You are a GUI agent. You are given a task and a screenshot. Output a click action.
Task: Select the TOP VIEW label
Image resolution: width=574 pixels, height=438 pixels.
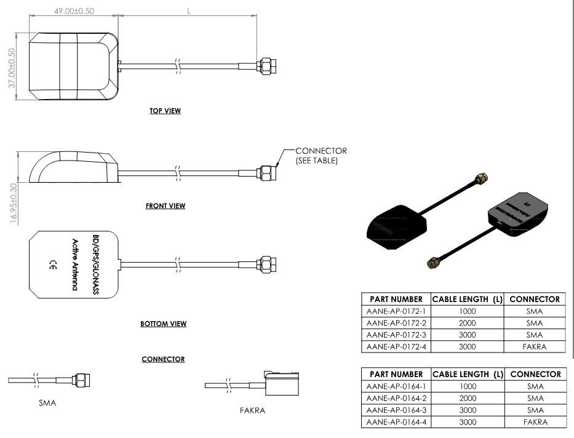click(x=165, y=111)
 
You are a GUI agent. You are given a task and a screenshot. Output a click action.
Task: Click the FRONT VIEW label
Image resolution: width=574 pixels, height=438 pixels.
click(x=165, y=206)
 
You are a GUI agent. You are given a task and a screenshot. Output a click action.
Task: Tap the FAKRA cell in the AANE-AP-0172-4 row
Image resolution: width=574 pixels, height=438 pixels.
click(x=535, y=346)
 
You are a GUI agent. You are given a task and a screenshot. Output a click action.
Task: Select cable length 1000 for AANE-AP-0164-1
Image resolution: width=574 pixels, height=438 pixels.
click(x=468, y=386)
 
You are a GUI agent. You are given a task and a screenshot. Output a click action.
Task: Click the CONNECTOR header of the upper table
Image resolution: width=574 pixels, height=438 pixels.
click(x=535, y=300)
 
